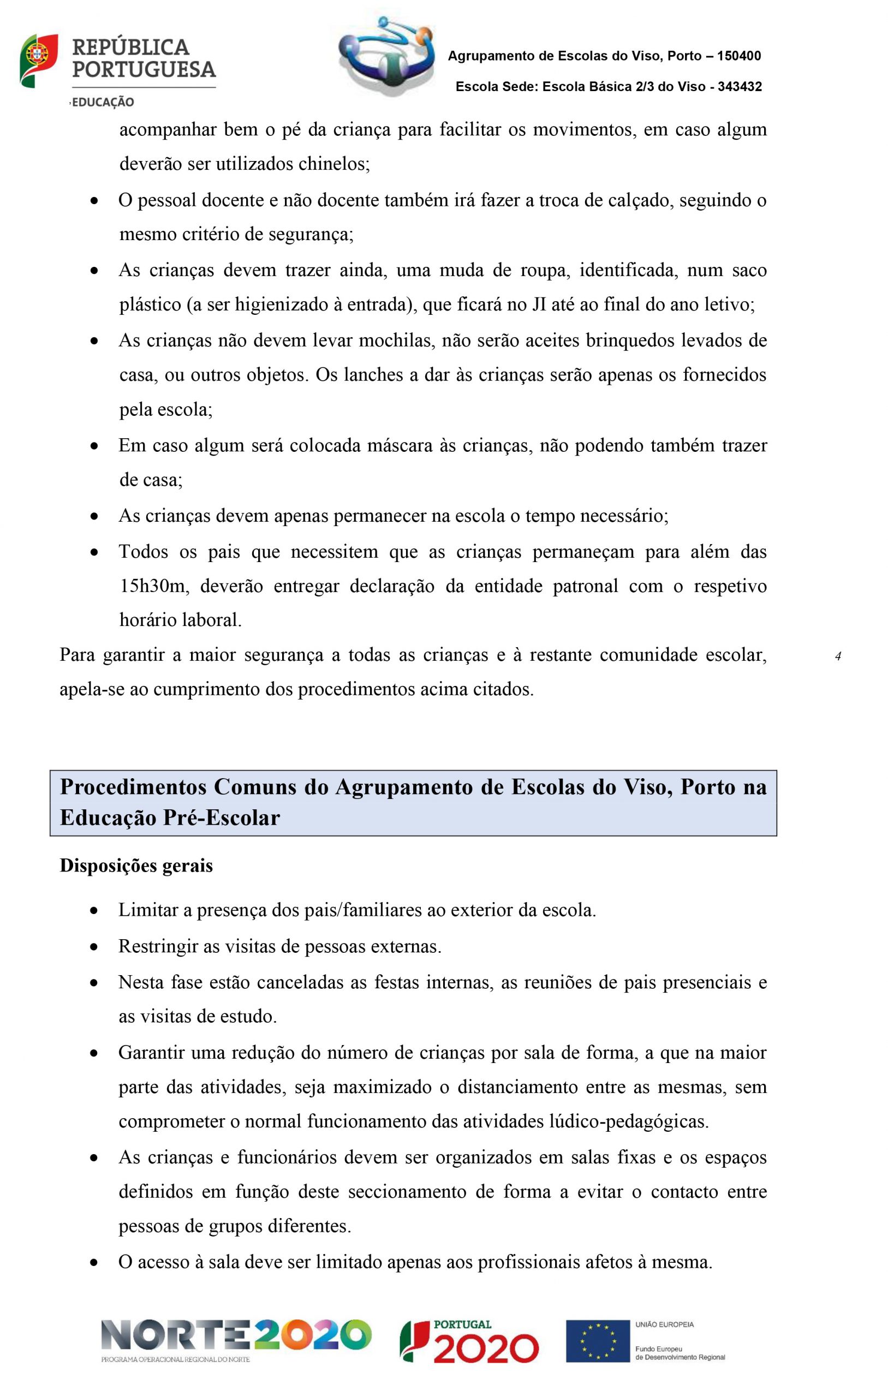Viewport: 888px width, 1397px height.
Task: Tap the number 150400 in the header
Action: [x=738, y=56]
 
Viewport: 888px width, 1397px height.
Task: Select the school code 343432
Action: [x=740, y=87]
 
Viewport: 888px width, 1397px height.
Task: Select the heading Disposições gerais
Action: [x=136, y=865]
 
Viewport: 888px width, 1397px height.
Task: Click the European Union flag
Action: [x=597, y=1341]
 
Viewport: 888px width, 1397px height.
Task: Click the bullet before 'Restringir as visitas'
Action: [x=94, y=947]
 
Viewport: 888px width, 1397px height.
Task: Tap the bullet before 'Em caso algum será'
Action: [x=94, y=446]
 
